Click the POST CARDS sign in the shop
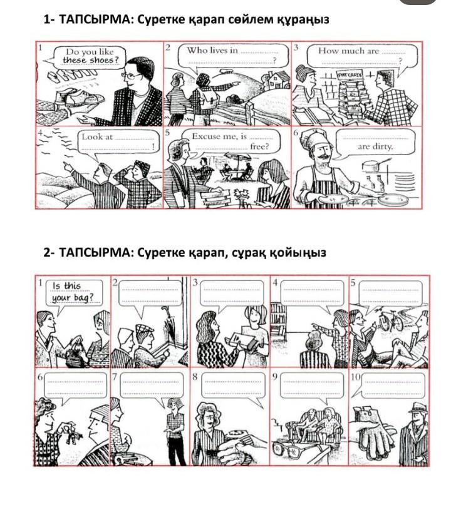pyautogui.click(x=350, y=74)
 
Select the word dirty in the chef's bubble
pyautogui.click(x=383, y=146)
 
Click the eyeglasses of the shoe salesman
pyautogui.click(x=132, y=76)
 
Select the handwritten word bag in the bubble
pyautogui.click(x=81, y=297)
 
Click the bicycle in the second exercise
pyautogui.click(x=391, y=320)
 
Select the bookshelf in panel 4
pyautogui.click(x=279, y=318)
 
